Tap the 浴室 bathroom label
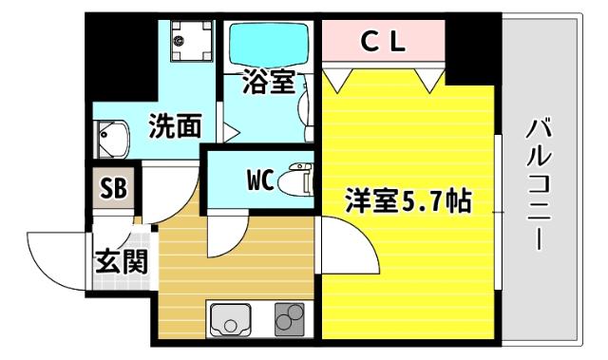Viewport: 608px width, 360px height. (267, 84)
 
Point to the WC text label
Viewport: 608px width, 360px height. (261, 179)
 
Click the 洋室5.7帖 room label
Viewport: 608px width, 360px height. (408, 201)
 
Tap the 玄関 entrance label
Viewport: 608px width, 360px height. (121, 259)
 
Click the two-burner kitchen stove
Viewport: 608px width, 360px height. (289, 319)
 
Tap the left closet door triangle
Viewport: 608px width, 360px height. (338, 76)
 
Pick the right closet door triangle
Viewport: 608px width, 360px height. (429, 78)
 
